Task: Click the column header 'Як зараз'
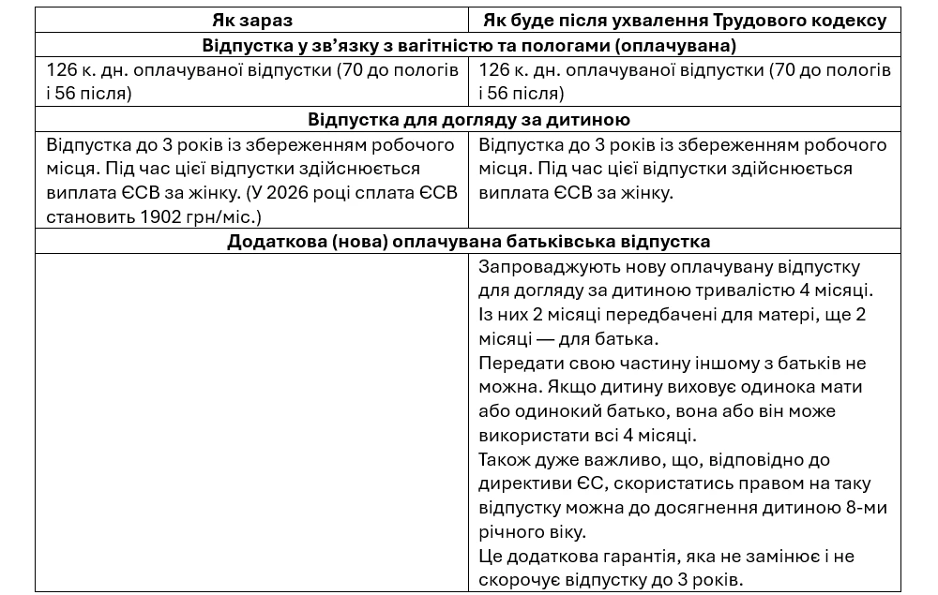tap(252, 20)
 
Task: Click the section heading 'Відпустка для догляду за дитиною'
tap(468, 120)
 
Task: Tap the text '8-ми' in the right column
tap(865, 508)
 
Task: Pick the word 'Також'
tap(502, 460)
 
